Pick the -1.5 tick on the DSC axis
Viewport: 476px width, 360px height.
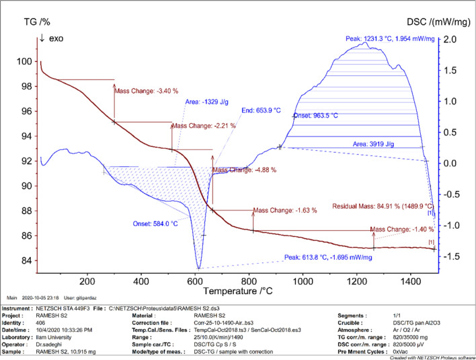(x=449, y=257)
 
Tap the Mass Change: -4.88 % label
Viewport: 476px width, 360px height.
(x=244, y=170)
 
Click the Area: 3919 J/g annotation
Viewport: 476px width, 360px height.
(x=376, y=144)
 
